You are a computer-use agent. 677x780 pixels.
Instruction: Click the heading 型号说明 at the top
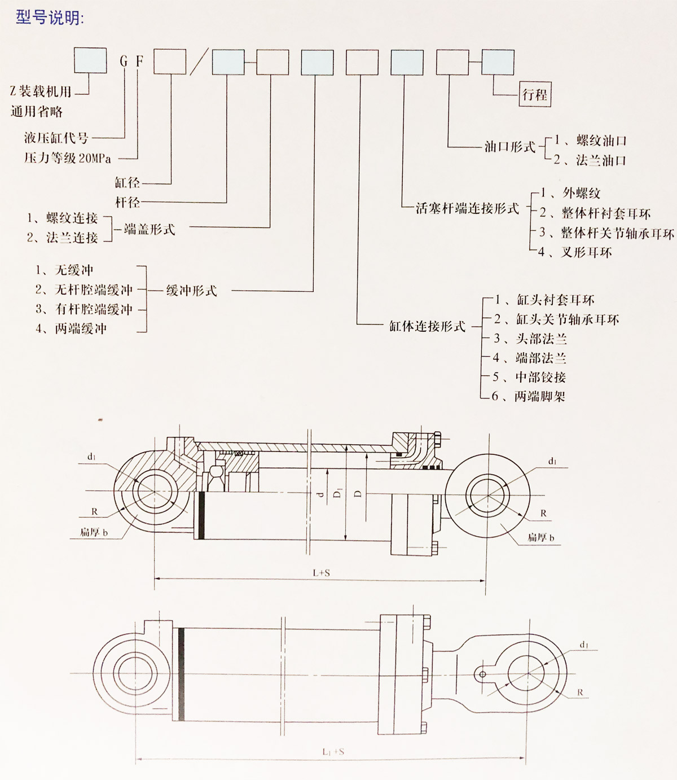click(x=50, y=17)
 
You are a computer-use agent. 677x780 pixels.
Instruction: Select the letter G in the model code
click(x=124, y=61)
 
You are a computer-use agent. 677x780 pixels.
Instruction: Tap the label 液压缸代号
click(x=56, y=137)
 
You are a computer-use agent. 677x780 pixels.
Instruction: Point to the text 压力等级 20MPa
click(x=68, y=158)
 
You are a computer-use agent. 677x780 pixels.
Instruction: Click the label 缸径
click(x=127, y=183)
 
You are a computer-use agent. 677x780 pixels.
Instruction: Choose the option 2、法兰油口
click(x=590, y=160)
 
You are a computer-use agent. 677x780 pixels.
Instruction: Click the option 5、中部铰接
click(x=529, y=377)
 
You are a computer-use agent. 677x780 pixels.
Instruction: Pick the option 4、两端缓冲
click(x=71, y=328)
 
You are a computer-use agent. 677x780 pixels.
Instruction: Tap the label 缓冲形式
click(x=191, y=291)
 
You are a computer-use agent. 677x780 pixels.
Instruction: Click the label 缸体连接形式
click(x=427, y=326)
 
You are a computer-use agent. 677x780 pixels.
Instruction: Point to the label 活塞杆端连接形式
click(x=467, y=208)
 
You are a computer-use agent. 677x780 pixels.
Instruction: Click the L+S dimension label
click(x=321, y=573)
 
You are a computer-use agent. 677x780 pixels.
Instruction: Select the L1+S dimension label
click(x=333, y=752)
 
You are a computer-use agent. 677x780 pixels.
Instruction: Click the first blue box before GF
click(x=90, y=61)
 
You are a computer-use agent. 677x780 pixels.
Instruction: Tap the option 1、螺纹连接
click(x=63, y=218)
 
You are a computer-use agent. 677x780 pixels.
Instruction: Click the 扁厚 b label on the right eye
click(x=540, y=537)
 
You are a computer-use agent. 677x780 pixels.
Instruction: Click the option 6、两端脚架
click(x=528, y=396)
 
